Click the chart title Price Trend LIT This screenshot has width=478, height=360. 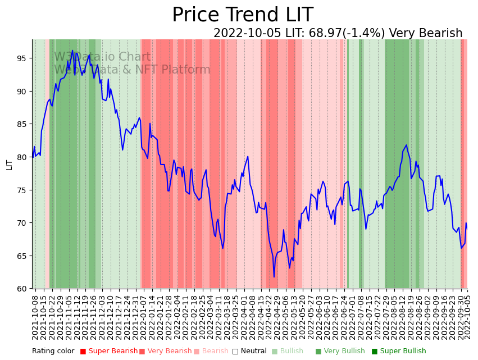pyautogui.click(x=242, y=15)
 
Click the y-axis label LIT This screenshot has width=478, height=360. pyautogui.click(x=9, y=164)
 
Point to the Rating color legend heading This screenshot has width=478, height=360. pyautogui.click(x=53, y=352)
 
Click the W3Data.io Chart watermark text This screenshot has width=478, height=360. pyautogui.click(x=102, y=57)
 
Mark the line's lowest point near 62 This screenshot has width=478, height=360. pyautogui.click(x=274, y=277)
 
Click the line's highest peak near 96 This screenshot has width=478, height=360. pyautogui.click(x=72, y=51)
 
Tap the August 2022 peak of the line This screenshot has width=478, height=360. pyautogui.click(x=406, y=145)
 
